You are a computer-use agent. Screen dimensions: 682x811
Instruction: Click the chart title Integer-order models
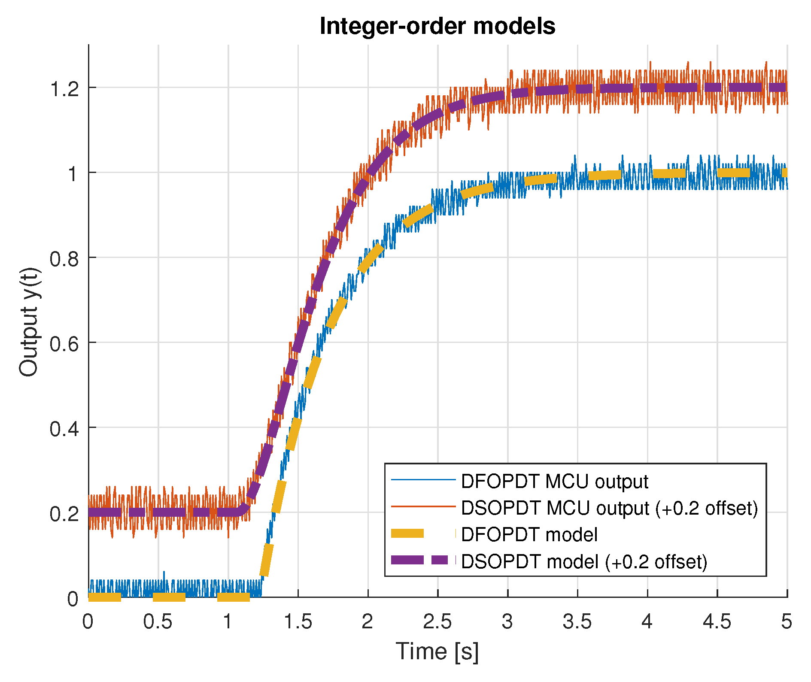tap(437, 26)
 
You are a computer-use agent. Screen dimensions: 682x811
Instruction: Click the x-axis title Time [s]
tap(437, 652)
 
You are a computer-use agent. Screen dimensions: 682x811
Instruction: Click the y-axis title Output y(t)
tap(29, 322)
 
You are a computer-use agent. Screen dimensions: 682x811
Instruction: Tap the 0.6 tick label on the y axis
tap(64, 344)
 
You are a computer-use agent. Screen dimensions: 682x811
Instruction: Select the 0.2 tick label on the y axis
tap(64, 514)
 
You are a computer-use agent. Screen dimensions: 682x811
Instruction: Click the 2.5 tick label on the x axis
tap(437, 621)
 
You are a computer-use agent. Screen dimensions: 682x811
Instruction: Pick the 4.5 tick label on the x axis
tap(717, 621)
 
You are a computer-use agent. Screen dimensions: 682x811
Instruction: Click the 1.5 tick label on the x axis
tap(298, 621)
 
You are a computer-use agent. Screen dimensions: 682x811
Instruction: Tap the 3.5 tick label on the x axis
tap(577, 621)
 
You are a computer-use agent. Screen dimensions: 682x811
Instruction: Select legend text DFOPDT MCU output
tap(554, 482)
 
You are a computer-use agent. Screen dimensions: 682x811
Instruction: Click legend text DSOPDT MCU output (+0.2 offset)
tap(609, 508)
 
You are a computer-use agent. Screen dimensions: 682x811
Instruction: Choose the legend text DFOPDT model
tap(529, 535)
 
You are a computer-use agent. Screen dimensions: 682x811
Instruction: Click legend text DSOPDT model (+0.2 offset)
tap(584, 561)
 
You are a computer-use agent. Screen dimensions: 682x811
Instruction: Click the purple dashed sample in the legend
tap(423, 560)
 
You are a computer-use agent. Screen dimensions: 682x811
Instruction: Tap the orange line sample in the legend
tap(423, 506)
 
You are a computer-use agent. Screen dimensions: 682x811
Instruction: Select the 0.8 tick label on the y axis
tap(64, 259)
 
